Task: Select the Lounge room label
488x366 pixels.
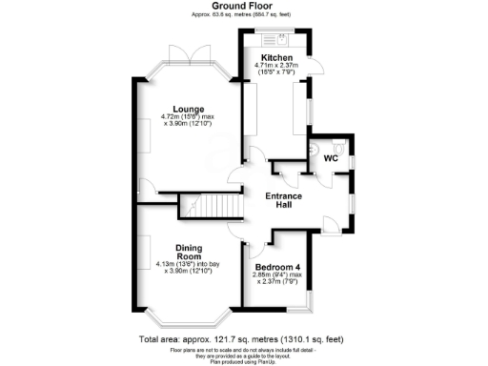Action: (x=179, y=110)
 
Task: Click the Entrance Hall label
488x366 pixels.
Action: (x=283, y=201)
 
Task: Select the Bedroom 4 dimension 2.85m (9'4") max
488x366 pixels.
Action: (x=277, y=277)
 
